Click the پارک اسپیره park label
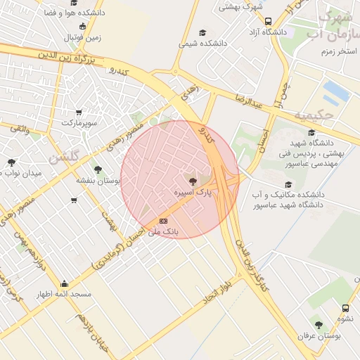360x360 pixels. (x=193, y=191)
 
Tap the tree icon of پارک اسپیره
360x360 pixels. (x=194, y=181)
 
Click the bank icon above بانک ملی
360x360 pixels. (x=164, y=221)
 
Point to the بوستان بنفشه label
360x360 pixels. (x=95, y=180)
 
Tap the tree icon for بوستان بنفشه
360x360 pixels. (x=98, y=169)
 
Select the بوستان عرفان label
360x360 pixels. (x=319, y=336)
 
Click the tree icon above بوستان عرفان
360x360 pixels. (x=319, y=326)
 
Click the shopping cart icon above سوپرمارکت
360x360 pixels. (x=78, y=112)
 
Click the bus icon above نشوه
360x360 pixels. (x=345, y=308)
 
